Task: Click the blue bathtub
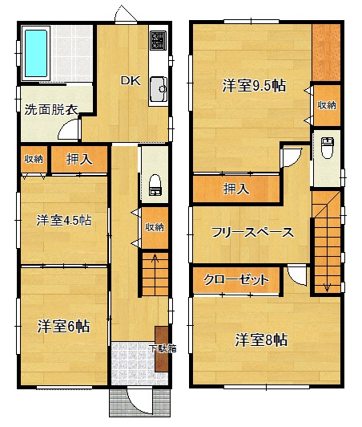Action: point(36,53)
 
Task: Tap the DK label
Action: point(131,81)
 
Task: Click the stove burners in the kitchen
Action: point(158,40)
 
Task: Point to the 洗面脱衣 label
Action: point(51,109)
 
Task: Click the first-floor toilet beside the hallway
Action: point(155,185)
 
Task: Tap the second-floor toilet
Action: point(328,148)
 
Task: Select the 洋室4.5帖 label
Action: point(64,220)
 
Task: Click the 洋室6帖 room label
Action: point(63,326)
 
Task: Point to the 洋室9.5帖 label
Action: point(254,86)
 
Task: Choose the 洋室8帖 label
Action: point(261,340)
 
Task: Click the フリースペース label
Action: point(252,233)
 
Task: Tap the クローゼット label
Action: point(236,279)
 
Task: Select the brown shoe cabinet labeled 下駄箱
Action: point(162,349)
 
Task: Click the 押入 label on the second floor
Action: point(236,189)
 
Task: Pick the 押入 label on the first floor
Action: point(79,159)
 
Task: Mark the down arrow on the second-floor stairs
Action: point(327,287)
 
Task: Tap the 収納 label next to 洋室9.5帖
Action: point(327,105)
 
